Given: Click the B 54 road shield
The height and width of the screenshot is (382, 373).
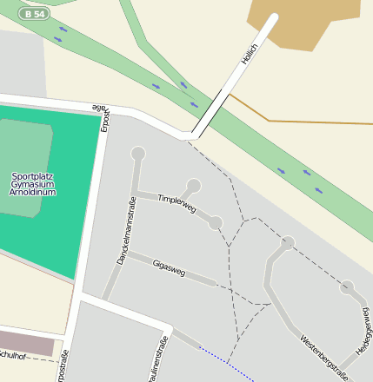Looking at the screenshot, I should (36, 14).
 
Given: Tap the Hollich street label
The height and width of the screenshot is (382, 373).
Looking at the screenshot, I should (250, 56).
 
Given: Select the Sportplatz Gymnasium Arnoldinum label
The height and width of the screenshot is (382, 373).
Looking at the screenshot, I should (33, 182).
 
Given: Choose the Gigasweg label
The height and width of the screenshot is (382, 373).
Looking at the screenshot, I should (169, 267).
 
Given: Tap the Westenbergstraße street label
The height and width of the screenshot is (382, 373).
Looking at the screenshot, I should (323, 357).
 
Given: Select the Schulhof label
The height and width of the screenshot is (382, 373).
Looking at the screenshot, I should (12, 355).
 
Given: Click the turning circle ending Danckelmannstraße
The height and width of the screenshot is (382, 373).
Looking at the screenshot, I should (137, 154).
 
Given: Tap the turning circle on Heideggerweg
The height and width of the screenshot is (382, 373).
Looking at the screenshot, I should (347, 286).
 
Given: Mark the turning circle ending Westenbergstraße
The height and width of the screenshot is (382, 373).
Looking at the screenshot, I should (288, 243).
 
